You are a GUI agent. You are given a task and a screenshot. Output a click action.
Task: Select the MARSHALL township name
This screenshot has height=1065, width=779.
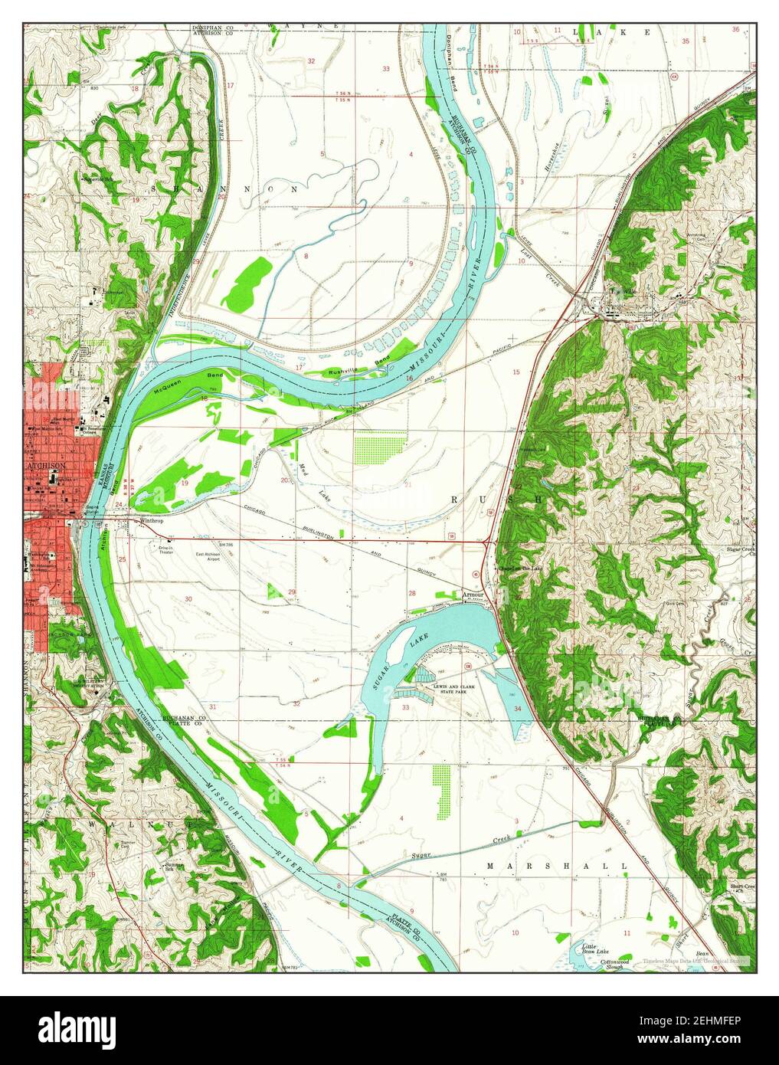[x=557, y=866]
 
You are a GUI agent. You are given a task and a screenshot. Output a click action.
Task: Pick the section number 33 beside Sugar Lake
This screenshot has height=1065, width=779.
[x=405, y=706]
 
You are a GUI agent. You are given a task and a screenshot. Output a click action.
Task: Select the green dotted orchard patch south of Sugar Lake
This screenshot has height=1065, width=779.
[x=440, y=790]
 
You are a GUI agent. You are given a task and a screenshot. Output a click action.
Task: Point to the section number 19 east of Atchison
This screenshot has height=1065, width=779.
[x=185, y=483]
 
